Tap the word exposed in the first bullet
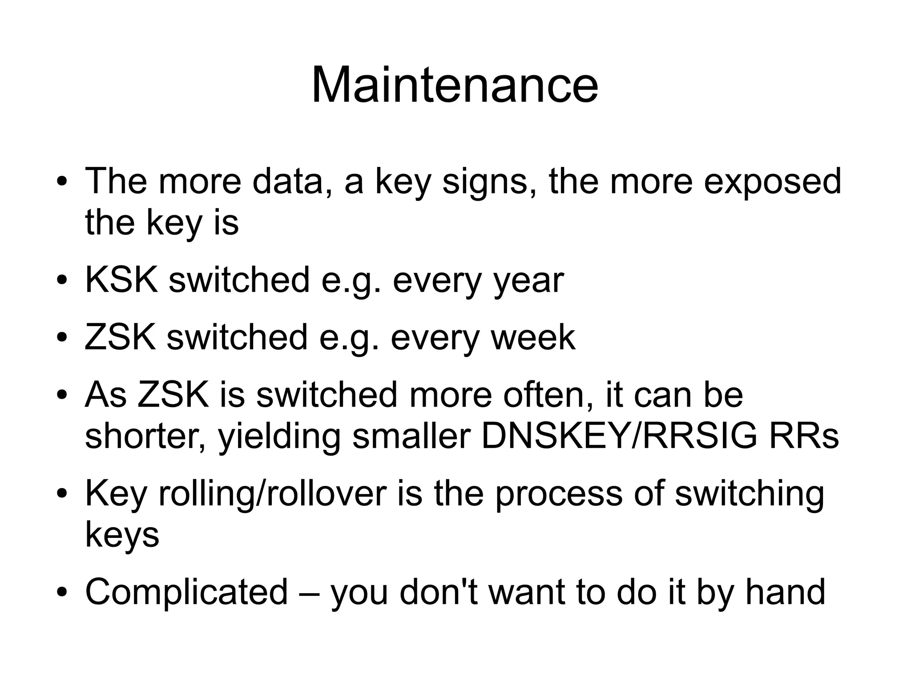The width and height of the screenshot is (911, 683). pos(773,181)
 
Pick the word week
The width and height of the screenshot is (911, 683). pos(533,337)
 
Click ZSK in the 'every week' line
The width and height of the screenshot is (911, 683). pos(121,337)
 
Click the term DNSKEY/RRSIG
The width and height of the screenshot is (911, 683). pos(619,436)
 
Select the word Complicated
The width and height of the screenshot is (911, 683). pos(186,592)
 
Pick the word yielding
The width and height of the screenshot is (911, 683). pos(279,437)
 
